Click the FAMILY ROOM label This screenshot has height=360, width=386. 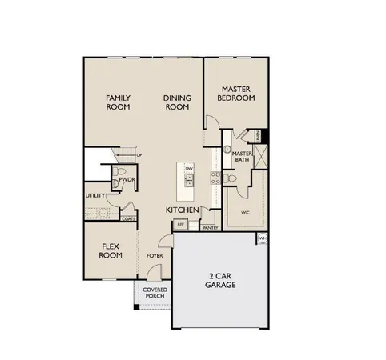coord(119,102)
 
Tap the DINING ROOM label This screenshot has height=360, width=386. coord(176,102)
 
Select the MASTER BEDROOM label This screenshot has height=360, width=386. coord(238,94)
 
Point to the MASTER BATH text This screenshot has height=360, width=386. coord(243,156)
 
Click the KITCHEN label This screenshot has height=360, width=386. coord(183,209)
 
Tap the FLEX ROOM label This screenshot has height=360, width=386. coord(110,251)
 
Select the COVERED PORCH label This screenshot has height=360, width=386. coord(154,293)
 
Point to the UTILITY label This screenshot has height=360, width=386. coord(94,195)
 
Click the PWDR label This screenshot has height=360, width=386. coord(127,181)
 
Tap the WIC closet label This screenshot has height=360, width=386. coord(245,212)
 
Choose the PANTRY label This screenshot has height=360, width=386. coord(210,227)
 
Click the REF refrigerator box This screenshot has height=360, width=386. coord(181,226)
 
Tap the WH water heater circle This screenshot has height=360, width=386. coord(263,238)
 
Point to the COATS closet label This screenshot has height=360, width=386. coord(128,218)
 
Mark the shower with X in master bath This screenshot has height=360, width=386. coord(263,154)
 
